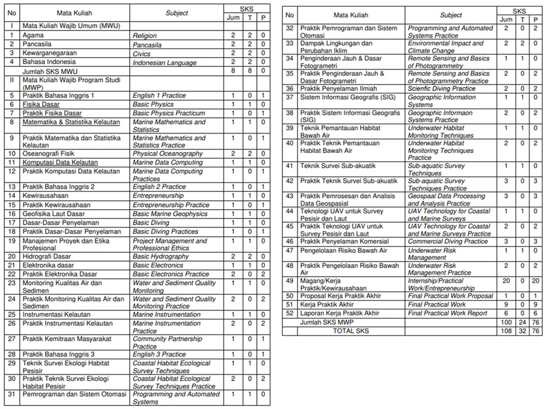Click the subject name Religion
pyautogui.click(x=145, y=36)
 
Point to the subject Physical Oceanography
pyautogui.click(x=168, y=154)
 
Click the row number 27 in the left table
pyautogui.click(x=12, y=339)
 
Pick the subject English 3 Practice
pyautogui.click(x=159, y=354)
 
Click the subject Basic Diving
pyautogui.click(x=151, y=222)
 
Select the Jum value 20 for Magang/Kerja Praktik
pyautogui.click(x=506, y=281)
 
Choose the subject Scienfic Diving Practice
pyautogui.click(x=441, y=89)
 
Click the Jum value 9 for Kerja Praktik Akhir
pyautogui.click(x=506, y=304)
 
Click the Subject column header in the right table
pyautogui.click(x=451, y=15)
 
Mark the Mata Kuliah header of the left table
pyautogui.click(x=74, y=13)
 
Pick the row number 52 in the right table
pyautogui.click(x=290, y=313)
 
